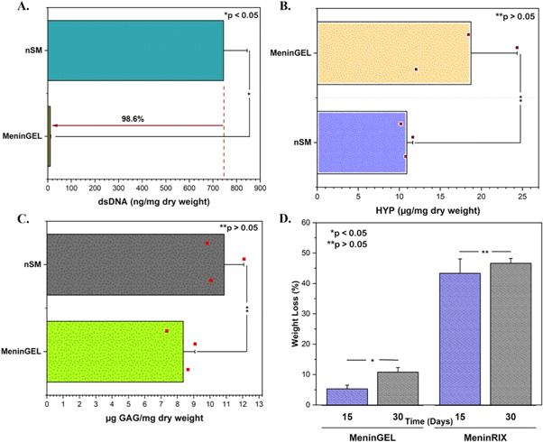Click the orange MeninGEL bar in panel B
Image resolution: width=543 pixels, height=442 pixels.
[x=393, y=53]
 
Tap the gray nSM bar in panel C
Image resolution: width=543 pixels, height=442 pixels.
[x=135, y=265]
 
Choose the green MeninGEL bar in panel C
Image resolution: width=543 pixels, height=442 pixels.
[x=115, y=350]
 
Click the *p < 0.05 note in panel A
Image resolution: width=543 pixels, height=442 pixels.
[x=239, y=15]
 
